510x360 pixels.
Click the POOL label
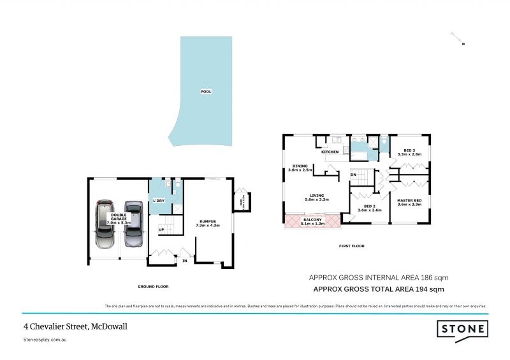[206, 92]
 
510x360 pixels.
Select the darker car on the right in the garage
[133, 224]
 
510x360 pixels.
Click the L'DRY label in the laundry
[159, 201]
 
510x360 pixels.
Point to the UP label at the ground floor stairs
[161, 229]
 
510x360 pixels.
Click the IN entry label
[185, 260]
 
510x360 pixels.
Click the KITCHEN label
[330, 152]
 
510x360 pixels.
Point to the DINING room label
[299, 168]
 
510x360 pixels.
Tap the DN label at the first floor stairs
[353, 174]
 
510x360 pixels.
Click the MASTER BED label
[409, 202]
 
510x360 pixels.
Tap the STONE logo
[462, 329]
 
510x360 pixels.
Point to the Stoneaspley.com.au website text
[45, 340]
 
